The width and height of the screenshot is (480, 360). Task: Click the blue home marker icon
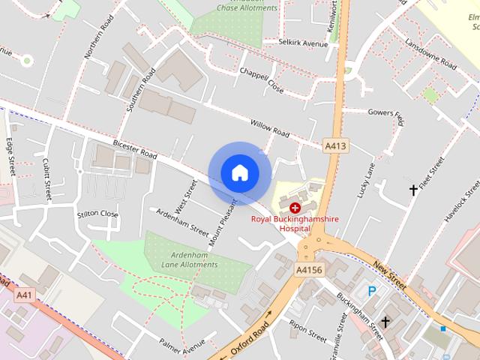click(239, 172)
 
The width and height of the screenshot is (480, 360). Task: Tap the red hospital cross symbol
click(295, 206)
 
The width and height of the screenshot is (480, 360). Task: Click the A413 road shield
click(335, 145)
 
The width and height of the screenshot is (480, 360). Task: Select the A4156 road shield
click(309, 269)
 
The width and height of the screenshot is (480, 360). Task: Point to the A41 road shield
click(25, 295)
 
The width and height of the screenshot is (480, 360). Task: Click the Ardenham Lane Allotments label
click(189, 259)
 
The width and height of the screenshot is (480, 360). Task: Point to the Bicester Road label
click(135, 148)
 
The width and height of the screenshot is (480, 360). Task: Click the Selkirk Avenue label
click(303, 44)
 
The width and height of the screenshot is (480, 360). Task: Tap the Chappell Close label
click(261, 79)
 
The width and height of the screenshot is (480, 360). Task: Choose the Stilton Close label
click(98, 214)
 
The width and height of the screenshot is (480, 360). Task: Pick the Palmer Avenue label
click(182, 345)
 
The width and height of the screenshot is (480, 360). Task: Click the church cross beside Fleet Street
click(412, 190)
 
